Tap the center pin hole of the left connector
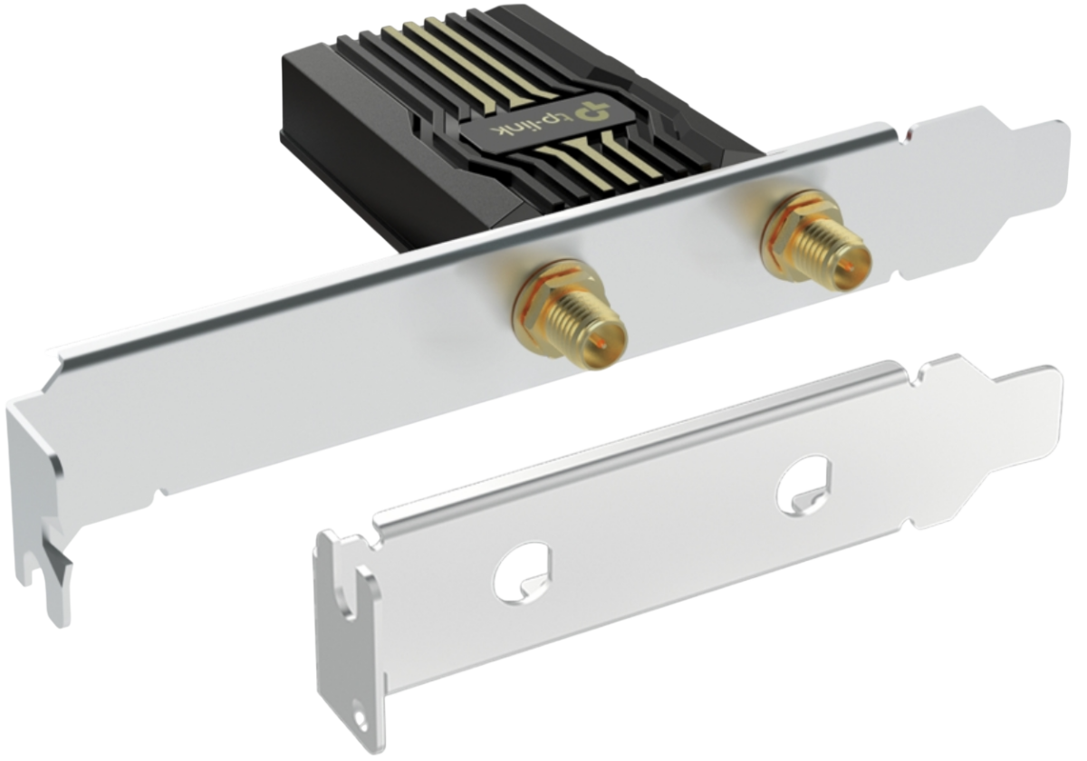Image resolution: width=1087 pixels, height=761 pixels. [x=600, y=343]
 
